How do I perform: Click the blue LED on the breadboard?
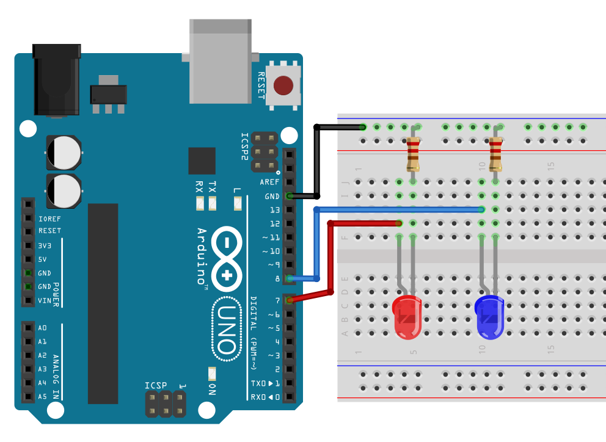point(489,317)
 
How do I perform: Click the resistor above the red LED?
point(414,154)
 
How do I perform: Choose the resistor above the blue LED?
point(495,154)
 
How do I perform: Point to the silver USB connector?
point(220,61)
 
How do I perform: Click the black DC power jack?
point(57,79)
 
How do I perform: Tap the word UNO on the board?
point(225,330)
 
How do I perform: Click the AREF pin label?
point(269,183)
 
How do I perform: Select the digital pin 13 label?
point(274,210)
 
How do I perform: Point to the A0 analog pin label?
point(42,328)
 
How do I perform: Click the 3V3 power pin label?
point(45,245)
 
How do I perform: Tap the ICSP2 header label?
point(245,146)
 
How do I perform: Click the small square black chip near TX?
point(202,161)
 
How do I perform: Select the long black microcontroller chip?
point(103,303)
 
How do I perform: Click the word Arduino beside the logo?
point(202,256)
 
